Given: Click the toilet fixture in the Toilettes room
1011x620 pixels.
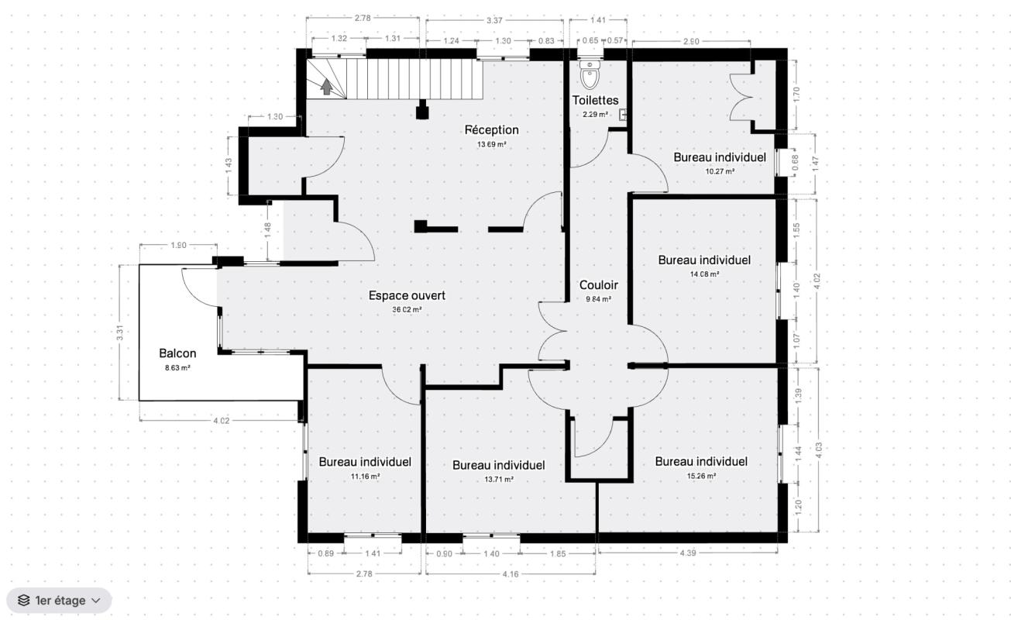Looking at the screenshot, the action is click(590, 75).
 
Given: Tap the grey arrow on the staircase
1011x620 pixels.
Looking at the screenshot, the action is click(326, 87).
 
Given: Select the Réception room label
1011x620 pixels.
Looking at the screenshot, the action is click(491, 130).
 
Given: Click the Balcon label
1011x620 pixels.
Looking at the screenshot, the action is click(177, 353).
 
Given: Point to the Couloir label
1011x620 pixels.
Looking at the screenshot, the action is click(599, 285).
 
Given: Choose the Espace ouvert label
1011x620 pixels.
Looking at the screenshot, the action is click(407, 295).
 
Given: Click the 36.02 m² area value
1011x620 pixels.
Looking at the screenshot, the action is click(407, 310).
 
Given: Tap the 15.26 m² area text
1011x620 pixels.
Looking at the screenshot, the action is click(701, 476).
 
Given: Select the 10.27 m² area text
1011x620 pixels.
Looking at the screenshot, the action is click(720, 171).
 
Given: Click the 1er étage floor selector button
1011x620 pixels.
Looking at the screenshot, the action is click(59, 601).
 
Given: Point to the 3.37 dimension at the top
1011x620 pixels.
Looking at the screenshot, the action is click(495, 20).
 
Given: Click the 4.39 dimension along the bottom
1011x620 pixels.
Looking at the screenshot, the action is click(688, 553).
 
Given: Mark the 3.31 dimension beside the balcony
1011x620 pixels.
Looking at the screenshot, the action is click(119, 332).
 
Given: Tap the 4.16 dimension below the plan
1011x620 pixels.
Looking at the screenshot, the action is click(511, 574).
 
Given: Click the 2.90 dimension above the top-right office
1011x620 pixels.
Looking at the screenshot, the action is click(691, 42).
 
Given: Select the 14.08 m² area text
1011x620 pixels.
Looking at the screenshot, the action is click(704, 274).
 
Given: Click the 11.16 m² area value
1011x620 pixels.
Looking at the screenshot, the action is click(365, 477).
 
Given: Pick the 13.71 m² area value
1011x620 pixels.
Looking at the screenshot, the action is click(499, 480).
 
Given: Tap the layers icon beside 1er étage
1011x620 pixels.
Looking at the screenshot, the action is click(23, 601).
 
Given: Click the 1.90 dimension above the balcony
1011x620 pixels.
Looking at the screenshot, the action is click(178, 245).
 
